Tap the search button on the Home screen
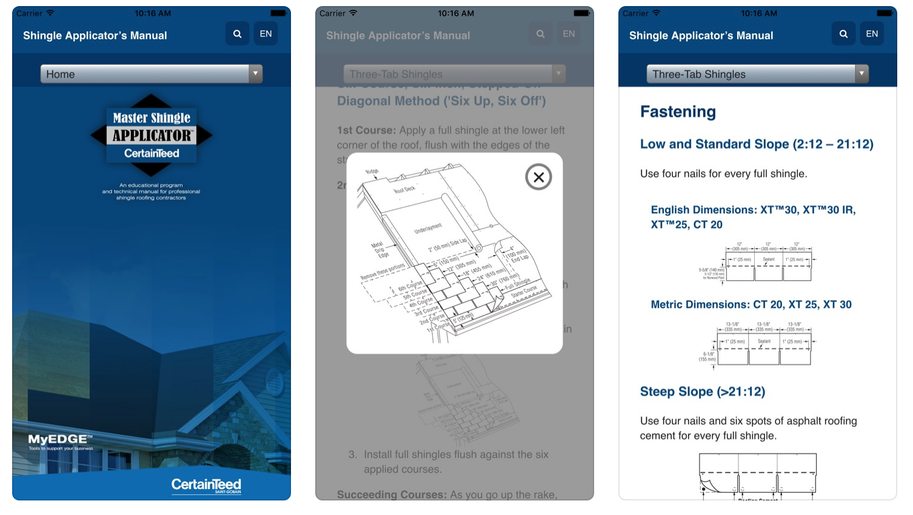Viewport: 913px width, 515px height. pyautogui.click(x=237, y=34)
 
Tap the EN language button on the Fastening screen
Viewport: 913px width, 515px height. pyautogui.click(x=872, y=34)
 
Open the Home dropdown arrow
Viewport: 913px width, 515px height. pyautogui.click(x=256, y=74)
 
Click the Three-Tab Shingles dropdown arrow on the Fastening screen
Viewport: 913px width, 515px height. pyautogui.click(x=861, y=74)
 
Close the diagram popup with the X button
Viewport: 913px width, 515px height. pyautogui.click(x=538, y=177)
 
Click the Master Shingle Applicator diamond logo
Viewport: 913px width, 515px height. pyautogui.click(x=152, y=135)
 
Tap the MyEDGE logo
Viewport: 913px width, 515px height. pyautogui.click(x=60, y=441)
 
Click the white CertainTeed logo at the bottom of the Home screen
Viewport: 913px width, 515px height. pyautogui.click(x=206, y=485)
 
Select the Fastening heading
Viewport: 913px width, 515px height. pyautogui.click(x=678, y=112)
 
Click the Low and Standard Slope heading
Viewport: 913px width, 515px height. pyautogui.click(x=757, y=144)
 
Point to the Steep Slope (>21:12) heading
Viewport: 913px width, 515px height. pyautogui.click(x=703, y=392)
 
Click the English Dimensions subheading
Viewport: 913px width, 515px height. pyautogui.click(x=753, y=217)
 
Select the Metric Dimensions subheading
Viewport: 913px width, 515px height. pyautogui.click(x=751, y=305)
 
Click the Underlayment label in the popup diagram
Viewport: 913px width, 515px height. pyautogui.click(x=428, y=228)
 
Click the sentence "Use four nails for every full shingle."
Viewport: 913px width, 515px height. pyautogui.click(x=723, y=174)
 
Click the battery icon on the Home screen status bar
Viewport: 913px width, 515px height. pyautogui.click(x=278, y=13)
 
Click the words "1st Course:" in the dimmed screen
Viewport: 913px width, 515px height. pyautogui.click(x=366, y=130)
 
